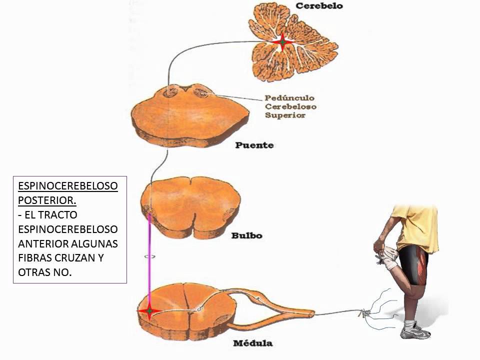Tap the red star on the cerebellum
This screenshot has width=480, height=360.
point(282,43)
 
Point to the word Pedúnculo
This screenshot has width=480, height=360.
point(289,98)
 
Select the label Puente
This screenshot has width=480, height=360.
point(254,145)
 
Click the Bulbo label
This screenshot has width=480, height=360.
point(247,235)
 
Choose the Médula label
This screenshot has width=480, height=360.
point(252,343)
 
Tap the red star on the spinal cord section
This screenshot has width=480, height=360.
point(149,311)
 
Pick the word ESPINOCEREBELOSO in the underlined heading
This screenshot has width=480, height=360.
point(68,186)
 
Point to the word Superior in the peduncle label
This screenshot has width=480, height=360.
point(285,115)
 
